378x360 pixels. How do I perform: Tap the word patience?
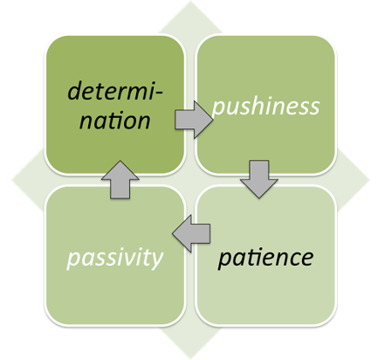265,258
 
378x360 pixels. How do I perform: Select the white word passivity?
116,259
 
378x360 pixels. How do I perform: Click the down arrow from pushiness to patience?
259,178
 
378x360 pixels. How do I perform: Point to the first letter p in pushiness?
218,111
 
